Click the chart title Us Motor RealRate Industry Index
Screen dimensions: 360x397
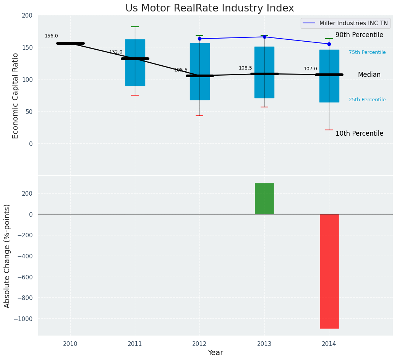click(209, 8)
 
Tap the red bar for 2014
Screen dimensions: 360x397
click(329, 271)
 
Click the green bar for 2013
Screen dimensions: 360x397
click(264, 198)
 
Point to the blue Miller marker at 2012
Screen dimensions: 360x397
click(199, 39)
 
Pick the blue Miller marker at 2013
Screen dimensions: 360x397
click(264, 37)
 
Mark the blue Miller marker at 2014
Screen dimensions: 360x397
click(329, 44)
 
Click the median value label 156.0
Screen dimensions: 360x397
click(51, 36)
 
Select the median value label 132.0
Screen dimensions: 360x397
click(116, 52)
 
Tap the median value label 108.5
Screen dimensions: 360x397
click(245, 68)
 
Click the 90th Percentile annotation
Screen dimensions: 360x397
click(359, 35)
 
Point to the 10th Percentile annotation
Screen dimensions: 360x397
click(359, 133)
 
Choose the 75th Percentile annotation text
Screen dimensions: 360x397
click(367, 52)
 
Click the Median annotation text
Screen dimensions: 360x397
click(369, 75)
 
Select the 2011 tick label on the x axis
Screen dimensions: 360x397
click(135, 344)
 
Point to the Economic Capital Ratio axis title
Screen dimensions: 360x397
click(16, 96)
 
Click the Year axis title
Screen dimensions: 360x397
click(215, 353)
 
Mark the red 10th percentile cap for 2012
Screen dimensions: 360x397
click(199, 116)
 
